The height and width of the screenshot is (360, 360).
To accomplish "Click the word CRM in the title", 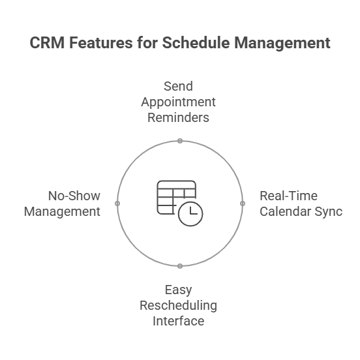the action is (47, 42).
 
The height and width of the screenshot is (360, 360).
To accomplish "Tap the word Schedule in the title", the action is (196, 42).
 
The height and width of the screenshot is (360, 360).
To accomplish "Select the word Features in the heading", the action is (101, 42).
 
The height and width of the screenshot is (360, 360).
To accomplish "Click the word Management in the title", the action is (282, 43).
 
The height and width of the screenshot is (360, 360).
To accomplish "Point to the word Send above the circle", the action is (178, 86).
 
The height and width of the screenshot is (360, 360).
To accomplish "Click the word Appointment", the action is (178, 102).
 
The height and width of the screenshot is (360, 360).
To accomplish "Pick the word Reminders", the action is (178, 117).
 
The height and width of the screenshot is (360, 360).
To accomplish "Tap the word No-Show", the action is (74, 196).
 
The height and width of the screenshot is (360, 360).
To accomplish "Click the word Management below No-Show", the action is (62, 212).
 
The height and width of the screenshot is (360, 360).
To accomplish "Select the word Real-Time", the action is (289, 196).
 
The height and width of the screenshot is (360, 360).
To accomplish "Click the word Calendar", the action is (286, 211).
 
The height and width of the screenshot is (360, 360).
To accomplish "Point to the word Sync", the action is (329, 212).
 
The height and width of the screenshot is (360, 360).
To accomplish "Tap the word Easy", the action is (178, 290).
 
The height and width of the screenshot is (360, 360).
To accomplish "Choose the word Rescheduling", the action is (178, 306).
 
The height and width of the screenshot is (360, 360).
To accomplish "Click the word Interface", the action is (179, 321).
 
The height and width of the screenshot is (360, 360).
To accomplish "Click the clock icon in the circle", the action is (190, 214).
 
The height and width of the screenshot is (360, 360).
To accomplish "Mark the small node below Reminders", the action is (180, 141).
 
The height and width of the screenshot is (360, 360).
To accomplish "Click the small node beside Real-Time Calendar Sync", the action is (243, 203).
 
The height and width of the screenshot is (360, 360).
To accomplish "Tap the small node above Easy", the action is (180, 266).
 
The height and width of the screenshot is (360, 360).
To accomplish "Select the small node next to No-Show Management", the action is (117, 203).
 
